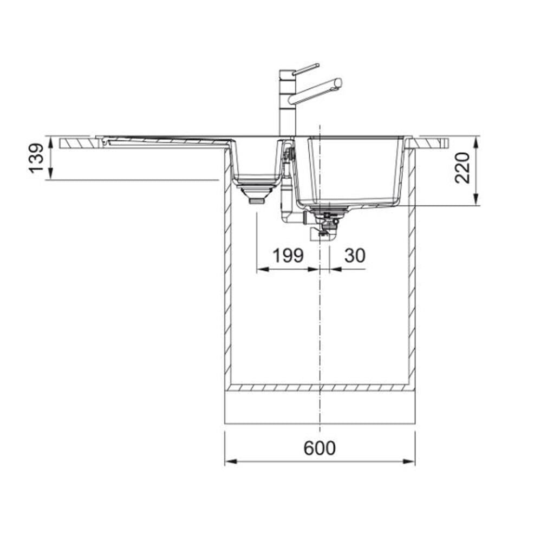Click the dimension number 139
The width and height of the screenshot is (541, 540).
click(36, 158)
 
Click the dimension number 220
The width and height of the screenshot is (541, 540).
click(462, 168)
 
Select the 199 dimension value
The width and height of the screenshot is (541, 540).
click(288, 256)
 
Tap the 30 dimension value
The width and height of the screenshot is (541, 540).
click(355, 256)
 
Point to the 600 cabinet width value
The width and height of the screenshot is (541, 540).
click(320, 448)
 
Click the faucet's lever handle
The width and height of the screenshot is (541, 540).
click(305, 68)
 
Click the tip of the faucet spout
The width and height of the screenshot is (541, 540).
click(338, 83)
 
